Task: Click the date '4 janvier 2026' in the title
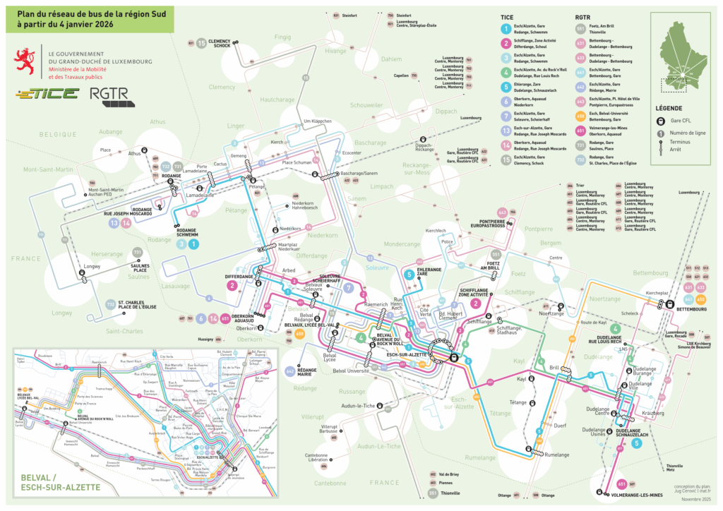[x=78, y=24]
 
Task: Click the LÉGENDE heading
[x=668, y=108]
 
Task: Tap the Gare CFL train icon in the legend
[x=659, y=121]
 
